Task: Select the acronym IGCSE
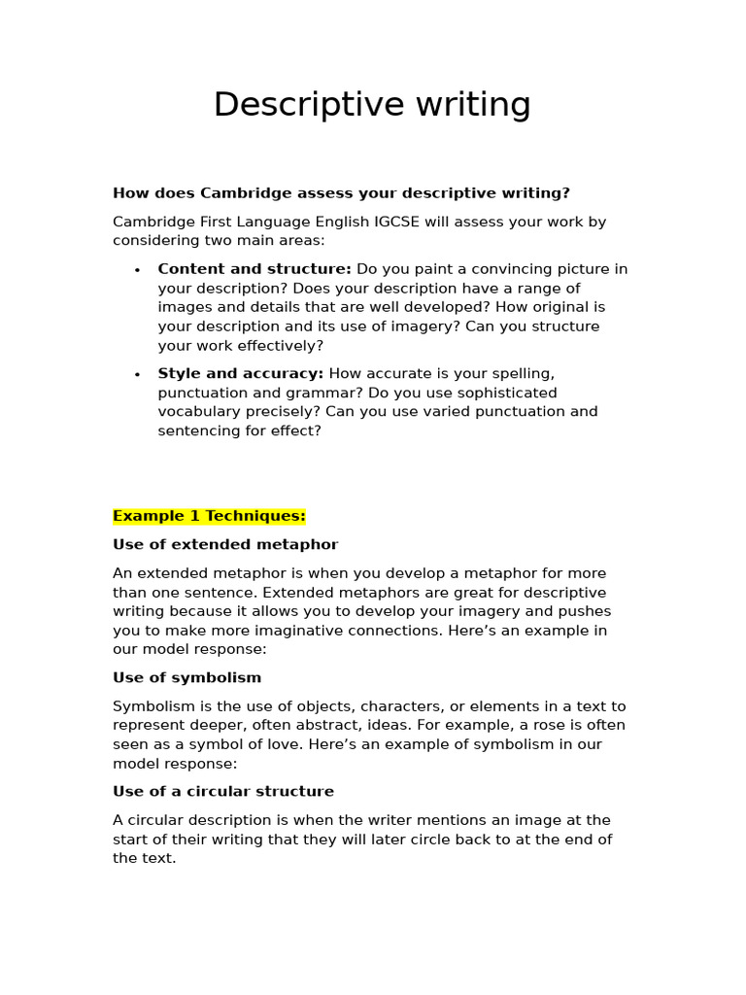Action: [x=397, y=222]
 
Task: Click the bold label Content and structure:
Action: [x=254, y=269]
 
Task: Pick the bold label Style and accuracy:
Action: [x=241, y=374]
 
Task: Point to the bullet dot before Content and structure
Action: [x=137, y=270]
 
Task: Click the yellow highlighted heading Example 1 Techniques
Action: [x=209, y=516]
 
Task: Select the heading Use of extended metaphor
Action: [x=225, y=545]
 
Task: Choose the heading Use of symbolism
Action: [x=186, y=678]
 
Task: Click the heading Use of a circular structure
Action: [x=223, y=792]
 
